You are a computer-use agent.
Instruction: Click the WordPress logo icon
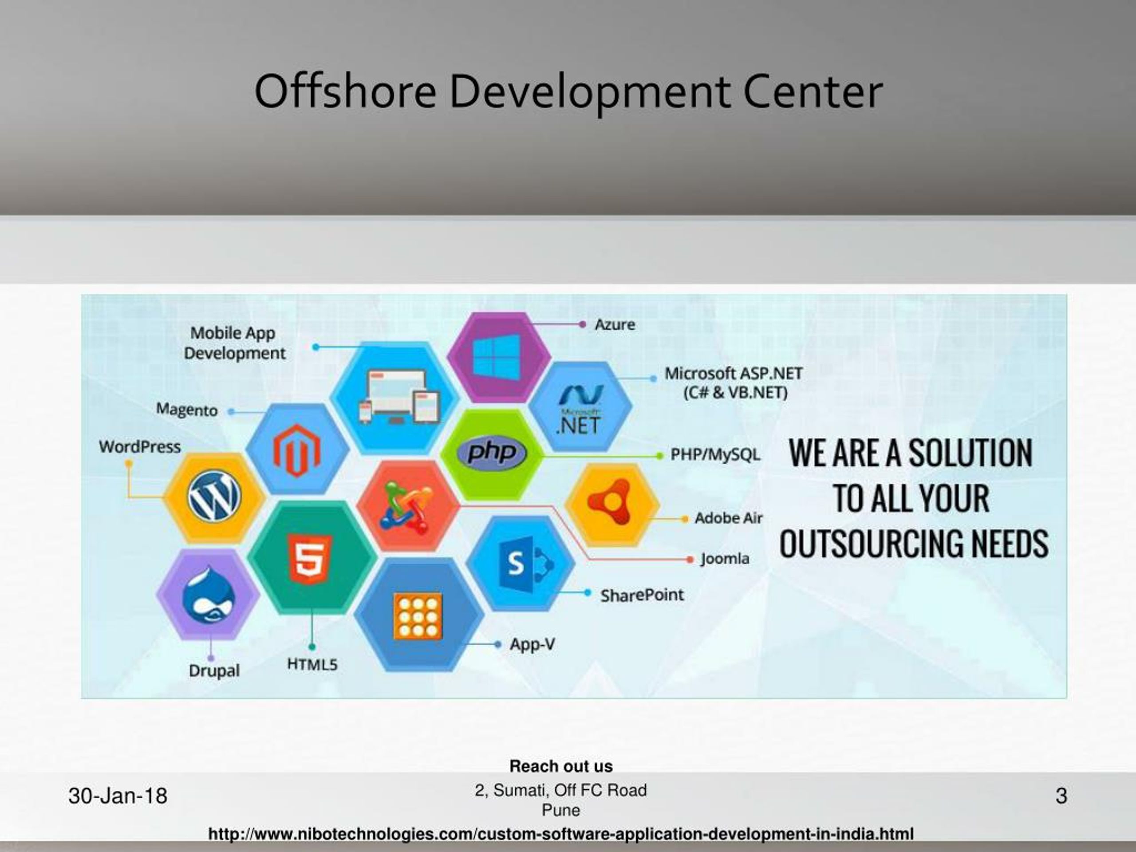214,497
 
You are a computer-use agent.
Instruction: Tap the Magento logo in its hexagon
297,450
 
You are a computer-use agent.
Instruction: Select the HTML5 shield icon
310,559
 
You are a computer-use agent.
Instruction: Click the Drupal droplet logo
209,595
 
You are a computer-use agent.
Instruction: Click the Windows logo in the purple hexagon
496,355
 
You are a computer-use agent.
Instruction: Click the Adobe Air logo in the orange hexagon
611,502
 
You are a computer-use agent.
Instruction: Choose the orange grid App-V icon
418,616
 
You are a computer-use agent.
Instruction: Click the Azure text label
615,324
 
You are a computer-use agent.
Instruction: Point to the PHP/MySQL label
715,454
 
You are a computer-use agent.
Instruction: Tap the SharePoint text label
642,595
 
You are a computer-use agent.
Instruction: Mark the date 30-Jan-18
118,796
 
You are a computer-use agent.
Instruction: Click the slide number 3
1061,796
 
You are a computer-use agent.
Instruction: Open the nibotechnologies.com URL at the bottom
561,833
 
